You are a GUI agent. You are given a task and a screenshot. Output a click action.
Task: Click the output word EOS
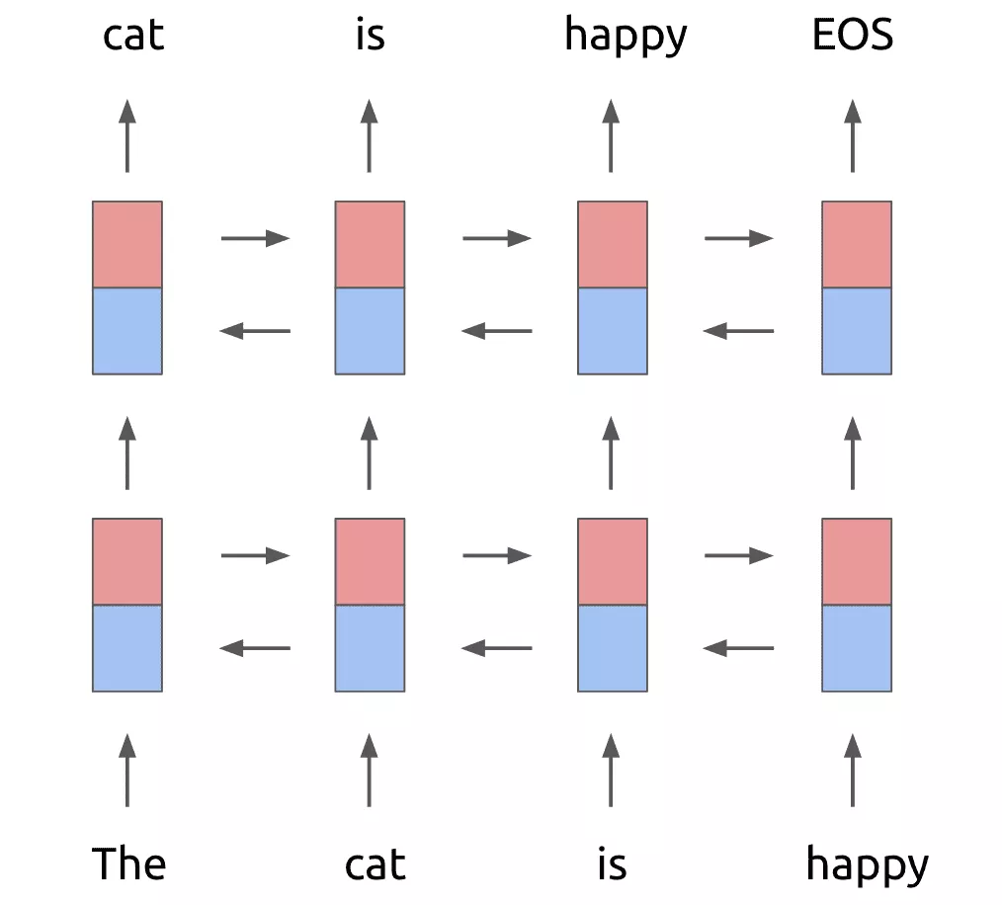pyautogui.click(x=853, y=36)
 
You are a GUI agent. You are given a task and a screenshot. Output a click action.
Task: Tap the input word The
pyautogui.click(x=128, y=864)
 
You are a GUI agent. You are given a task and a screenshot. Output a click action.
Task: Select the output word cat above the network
pyautogui.click(x=133, y=36)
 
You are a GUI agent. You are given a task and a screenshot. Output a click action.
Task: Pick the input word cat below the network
pyautogui.click(x=376, y=865)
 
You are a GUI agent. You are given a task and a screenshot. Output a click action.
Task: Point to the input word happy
pyautogui.click(x=867, y=865)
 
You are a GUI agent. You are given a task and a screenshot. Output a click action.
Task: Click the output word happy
pyautogui.click(x=626, y=36)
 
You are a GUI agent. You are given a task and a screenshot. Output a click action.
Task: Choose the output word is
pyautogui.click(x=370, y=36)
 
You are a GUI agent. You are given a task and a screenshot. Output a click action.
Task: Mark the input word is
pyautogui.click(x=612, y=865)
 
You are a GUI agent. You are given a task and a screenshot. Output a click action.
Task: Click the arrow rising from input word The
pyautogui.click(x=126, y=770)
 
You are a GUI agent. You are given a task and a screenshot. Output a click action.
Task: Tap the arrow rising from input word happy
pyautogui.click(x=853, y=770)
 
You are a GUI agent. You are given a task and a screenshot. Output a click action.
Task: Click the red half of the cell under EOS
pyautogui.click(x=857, y=244)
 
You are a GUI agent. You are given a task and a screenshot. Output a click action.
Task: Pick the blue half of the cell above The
pyautogui.click(x=127, y=647)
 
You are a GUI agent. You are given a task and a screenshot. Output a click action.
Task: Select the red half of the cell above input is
pyautogui.click(x=613, y=561)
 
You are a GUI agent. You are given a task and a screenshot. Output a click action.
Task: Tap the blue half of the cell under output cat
pyautogui.click(x=127, y=330)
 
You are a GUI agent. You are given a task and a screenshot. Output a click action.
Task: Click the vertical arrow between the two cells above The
pyautogui.click(x=126, y=452)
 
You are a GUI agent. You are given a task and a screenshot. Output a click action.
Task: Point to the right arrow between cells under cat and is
pyautogui.click(x=497, y=237)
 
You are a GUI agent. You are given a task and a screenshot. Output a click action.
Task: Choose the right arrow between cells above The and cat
pyautogui.click(x=255, y=555)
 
